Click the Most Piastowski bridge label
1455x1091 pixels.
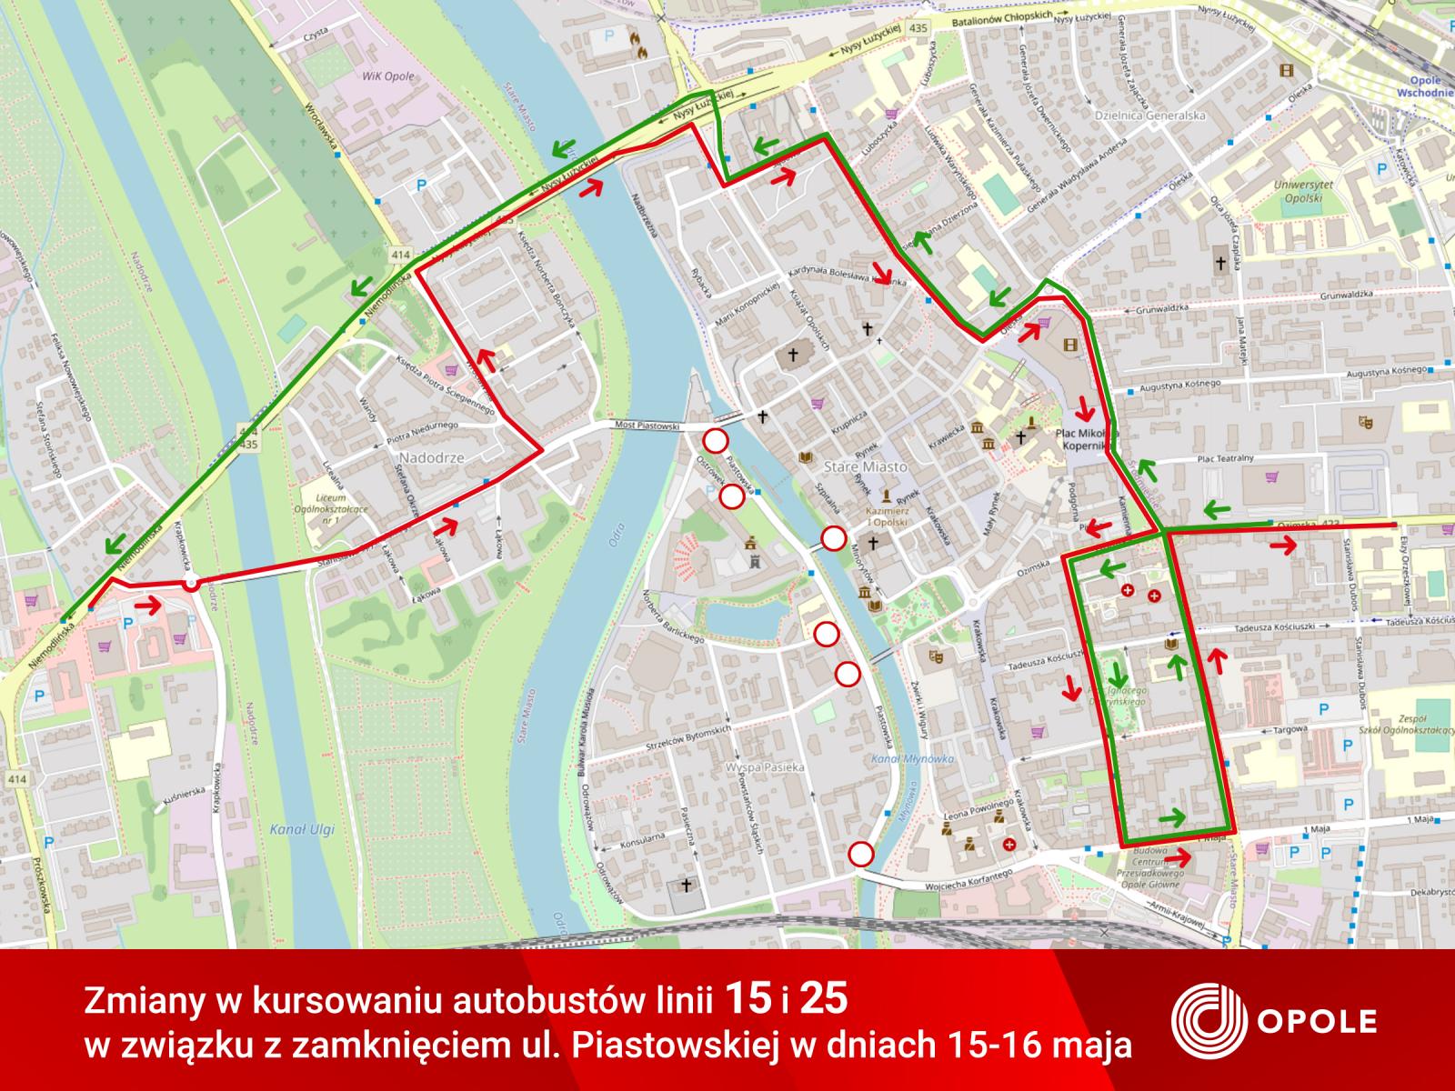[647, 425]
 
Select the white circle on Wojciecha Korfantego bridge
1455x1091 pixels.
[860, 855]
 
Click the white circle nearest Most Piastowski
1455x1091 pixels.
[716, 441]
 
